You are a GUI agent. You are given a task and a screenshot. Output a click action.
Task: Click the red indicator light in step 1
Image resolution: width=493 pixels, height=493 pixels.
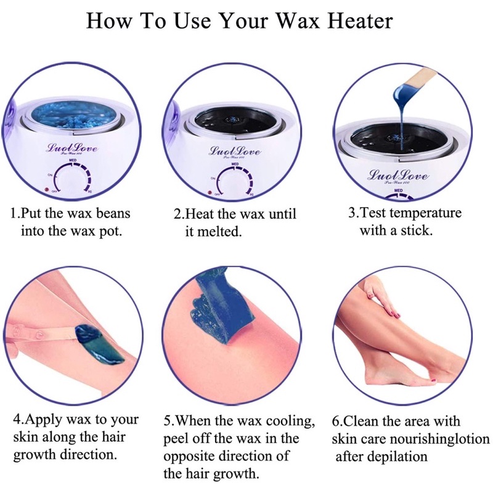(47, 190)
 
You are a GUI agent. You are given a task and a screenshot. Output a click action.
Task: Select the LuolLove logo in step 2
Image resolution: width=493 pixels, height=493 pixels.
(235, 151)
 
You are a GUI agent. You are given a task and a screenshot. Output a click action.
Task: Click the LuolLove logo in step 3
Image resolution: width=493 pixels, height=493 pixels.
(399, 175)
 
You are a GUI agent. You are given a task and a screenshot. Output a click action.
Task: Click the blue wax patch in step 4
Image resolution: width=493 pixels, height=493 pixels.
(98, 344)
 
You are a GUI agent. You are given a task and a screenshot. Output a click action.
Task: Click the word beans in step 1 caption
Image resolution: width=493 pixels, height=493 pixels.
(113, 213)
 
